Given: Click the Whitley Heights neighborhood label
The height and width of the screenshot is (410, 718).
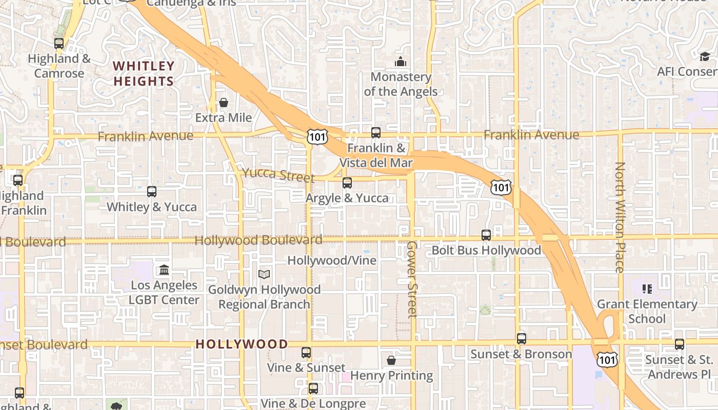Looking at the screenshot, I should [144, 73].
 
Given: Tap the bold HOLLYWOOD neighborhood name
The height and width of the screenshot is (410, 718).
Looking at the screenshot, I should [242, 344].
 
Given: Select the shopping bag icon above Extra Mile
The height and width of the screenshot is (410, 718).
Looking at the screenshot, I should [223, 102].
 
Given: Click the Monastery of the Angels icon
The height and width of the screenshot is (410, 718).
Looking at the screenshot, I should [401, 62].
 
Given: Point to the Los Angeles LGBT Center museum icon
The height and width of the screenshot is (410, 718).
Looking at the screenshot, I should [164, 270].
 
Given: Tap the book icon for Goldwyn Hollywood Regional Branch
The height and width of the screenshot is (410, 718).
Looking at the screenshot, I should [264, 275].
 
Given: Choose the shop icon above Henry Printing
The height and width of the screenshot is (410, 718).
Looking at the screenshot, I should [391, 360].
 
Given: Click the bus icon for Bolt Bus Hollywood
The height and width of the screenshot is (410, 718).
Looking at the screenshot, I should [486, 235].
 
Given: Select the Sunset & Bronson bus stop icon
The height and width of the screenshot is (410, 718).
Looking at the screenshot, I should [521, 339].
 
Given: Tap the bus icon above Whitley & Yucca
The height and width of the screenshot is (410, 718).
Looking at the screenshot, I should [152, 192].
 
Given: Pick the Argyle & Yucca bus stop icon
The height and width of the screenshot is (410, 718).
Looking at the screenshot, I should [347, 183].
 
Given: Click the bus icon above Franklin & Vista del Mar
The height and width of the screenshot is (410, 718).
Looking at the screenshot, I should [376, 133].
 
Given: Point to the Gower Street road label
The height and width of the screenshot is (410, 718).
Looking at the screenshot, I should [412, 279].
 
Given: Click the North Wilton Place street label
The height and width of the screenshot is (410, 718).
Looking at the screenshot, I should [620, 217].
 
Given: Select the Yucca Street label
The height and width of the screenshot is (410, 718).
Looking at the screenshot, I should [278, 175].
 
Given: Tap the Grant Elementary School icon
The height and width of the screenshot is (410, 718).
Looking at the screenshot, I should [647, 289].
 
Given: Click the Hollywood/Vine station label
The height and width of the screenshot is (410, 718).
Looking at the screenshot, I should [332, 260].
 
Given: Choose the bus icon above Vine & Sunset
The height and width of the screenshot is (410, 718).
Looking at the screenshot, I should [306, 353].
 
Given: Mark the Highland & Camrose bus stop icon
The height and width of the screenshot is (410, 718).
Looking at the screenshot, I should [59, 44].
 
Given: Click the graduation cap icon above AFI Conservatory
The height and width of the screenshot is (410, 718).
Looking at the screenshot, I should [705, 56].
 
